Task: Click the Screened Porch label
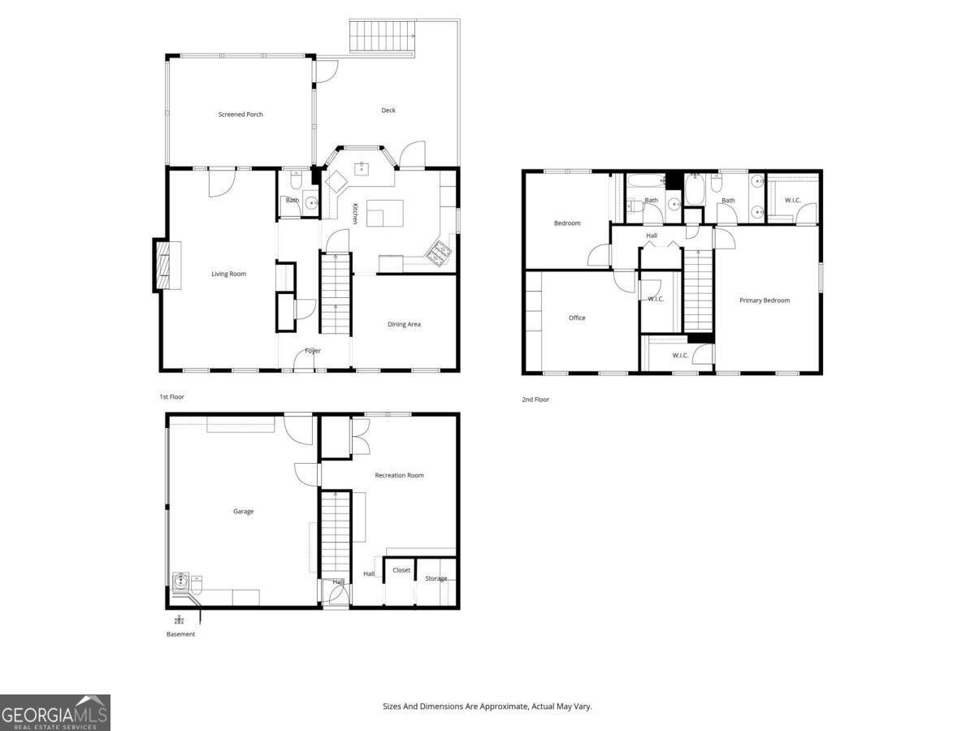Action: (240, 115)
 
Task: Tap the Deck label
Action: (388, 110)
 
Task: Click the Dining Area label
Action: (404, 324)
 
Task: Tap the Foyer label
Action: (313, 351)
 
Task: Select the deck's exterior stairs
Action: (381, 35)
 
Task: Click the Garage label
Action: (244, 512)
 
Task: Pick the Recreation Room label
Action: (399, 475)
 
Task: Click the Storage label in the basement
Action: (436, 578)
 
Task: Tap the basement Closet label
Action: (401, 570)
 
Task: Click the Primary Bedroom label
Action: (765, 301)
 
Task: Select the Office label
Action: (577, 318)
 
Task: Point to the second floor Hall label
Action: (652, 236)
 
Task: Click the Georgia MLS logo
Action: (54, 712)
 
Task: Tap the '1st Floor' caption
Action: (171, 397)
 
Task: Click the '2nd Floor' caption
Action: (535, 400)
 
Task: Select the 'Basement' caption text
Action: (180, 634)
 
